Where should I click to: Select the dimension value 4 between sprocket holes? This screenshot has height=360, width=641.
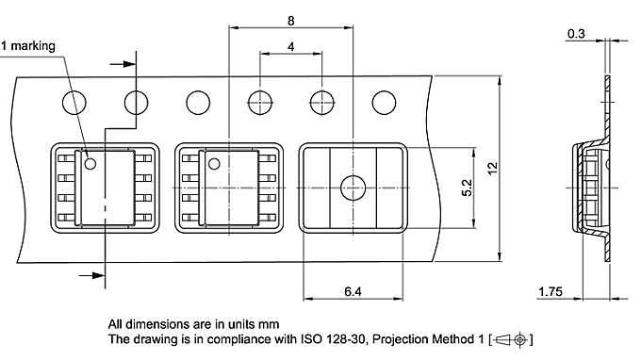coord(291,46)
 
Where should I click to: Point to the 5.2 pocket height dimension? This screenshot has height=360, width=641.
coord(467,188)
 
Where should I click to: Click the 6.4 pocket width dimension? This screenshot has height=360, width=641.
coord(353,293)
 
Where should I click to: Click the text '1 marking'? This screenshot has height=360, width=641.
coord(28,45)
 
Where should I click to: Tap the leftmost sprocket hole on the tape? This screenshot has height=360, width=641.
coord(73,102)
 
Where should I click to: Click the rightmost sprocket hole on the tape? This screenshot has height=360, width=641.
coord(385,102)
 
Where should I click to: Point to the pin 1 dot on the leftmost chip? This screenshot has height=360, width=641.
coord(91,163)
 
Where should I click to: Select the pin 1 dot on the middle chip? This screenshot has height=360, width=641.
coord(218,163)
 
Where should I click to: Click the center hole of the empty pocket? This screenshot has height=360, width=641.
coord(353,188)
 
